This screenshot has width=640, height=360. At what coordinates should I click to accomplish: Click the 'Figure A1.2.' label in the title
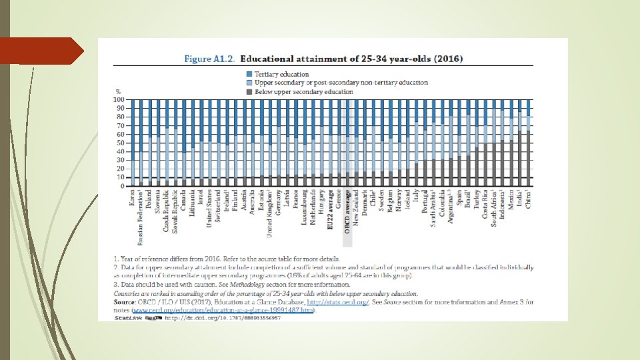209,58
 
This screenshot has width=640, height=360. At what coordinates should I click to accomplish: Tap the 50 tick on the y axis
121,143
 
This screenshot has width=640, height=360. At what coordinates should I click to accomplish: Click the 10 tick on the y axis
121,178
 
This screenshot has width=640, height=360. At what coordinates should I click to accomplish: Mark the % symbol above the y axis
118,91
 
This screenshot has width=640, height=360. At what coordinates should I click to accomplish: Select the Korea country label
132,198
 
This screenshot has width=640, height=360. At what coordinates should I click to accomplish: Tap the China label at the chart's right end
529,199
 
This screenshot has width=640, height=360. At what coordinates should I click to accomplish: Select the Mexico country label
511,199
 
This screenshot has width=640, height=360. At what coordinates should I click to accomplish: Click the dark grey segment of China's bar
529,160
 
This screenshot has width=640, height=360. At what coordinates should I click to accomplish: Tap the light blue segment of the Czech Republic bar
167,153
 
